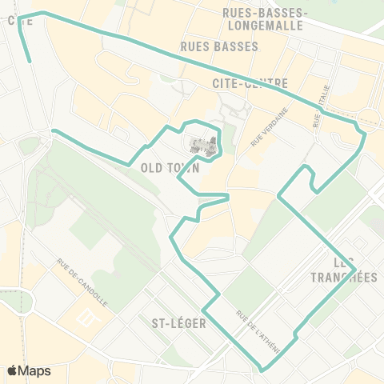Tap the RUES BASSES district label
[220, 46]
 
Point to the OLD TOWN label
[169, 169]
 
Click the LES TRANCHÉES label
[342, 270]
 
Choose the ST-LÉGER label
[178, 324]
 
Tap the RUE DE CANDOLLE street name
[82, 282]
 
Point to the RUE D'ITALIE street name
[318, 111]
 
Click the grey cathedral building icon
[202, 146]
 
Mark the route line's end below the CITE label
[30, 61]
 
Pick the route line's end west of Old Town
[53, 130]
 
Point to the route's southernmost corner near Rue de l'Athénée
[263, 370]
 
